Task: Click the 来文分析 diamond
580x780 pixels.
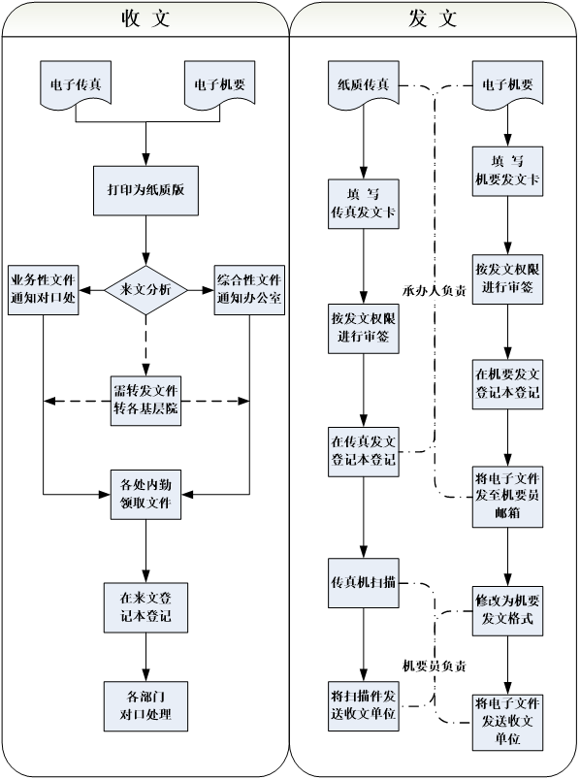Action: coord(145,290)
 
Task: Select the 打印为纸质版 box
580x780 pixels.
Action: coord(145,190)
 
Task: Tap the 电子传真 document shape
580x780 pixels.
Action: coord(76,84)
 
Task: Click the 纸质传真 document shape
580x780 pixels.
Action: coord(363,84)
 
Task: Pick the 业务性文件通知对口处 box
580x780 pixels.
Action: coord(44,290)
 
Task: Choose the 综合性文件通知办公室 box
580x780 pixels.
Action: coord(249,290)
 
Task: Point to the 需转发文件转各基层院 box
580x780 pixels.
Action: coord(145,401)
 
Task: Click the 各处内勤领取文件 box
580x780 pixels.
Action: coord(145,495)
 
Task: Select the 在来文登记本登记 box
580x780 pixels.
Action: coord(145,607)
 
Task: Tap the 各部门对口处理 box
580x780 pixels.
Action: coord(145,706)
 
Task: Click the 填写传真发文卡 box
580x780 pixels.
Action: coord(363,204)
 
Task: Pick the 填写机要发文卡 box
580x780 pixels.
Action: coord(507,171)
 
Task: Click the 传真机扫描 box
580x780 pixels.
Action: coord(363,582)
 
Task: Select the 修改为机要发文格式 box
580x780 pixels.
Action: coord(507,611)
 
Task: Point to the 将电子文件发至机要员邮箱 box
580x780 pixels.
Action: coord(507,497)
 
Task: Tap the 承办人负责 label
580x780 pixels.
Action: coord(435,291)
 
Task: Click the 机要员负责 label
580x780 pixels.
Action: coord(435,666)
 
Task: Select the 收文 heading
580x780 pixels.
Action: coord(145,18)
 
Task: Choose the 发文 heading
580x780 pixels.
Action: coord(433,18)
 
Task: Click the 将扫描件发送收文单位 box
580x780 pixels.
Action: coord(363,706)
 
